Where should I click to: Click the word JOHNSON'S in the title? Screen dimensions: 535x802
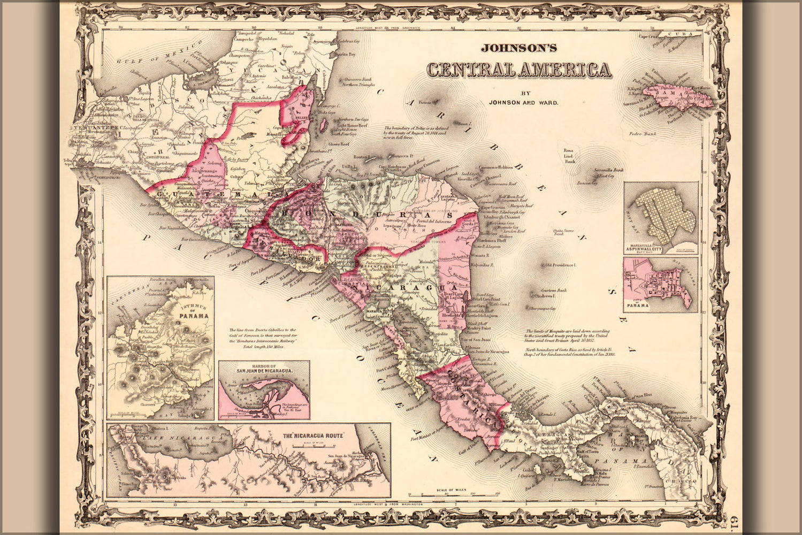point(518,48)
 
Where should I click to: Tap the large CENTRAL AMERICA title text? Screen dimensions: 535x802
point(518,70)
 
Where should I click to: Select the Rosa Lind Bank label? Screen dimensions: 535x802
point(570,156)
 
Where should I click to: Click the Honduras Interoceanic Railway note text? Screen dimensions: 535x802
point(262,339)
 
